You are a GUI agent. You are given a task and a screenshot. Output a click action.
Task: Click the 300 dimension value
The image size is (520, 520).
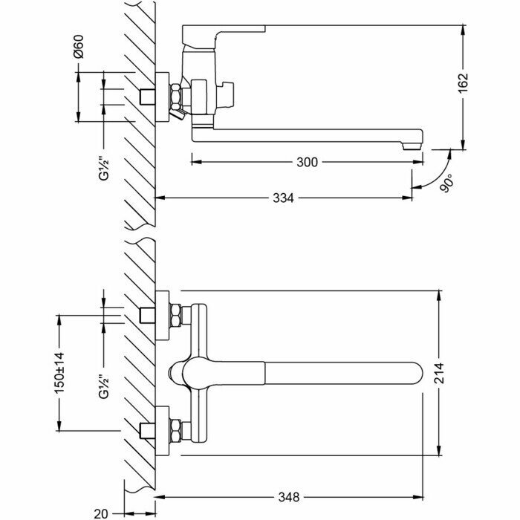[x=306, y=161]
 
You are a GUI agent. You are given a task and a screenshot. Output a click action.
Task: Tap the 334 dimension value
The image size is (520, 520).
[x=283, y=198]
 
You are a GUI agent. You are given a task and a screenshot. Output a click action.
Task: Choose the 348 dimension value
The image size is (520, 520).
[x=289, y=496]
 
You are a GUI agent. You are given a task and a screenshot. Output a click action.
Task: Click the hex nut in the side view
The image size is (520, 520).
[x=175, y=97]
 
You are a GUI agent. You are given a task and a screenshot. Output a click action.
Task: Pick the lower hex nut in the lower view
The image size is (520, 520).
[x=176, y=429]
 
